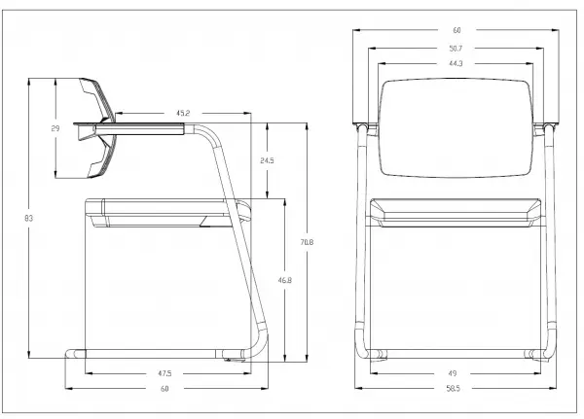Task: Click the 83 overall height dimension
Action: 28,218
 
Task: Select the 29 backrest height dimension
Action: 55,128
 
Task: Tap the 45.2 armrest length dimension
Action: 183,113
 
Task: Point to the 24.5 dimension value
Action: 267,160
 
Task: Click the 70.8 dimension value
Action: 307,242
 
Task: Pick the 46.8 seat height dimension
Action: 284,280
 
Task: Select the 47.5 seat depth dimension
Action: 164,373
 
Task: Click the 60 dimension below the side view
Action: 164,389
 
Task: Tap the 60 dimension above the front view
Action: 456,30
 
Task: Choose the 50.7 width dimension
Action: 456,48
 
